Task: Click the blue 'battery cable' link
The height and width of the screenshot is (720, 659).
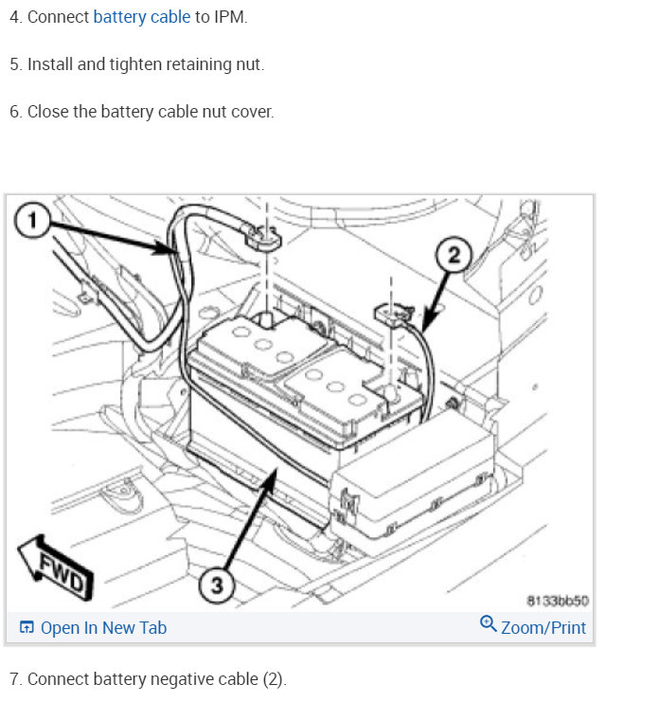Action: (x=142, y=17)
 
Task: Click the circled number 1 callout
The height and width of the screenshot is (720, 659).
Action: (x=32, y=220)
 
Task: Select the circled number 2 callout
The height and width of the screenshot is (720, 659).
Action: (x=454, y=255)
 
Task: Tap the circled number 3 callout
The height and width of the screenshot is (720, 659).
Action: (x=217, y=585)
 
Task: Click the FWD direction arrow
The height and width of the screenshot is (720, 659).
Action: (x=55, y=567)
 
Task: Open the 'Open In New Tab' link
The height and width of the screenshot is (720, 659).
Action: (x=103, y=628)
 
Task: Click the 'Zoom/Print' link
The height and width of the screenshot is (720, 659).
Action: (x=543, y=628)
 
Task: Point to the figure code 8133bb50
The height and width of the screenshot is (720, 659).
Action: (x=557, y=601)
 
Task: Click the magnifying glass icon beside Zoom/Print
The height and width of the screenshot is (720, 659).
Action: (x=488, y=624)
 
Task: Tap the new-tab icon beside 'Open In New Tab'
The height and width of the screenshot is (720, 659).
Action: (x=27, y=627)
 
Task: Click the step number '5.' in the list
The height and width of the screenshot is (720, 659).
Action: (x=15, y=64)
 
